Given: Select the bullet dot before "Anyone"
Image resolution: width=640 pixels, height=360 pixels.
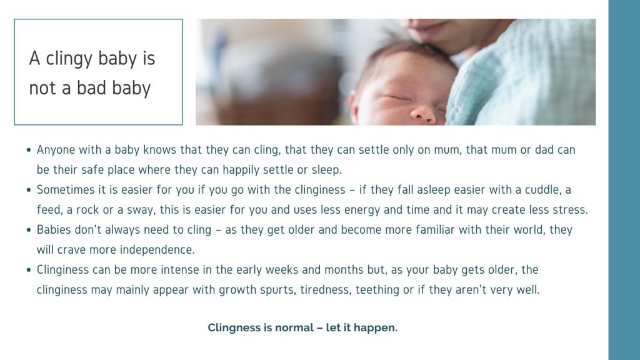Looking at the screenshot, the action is click(x=29, y=150).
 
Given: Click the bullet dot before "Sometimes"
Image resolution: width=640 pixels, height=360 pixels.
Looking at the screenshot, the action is click(x=29, y=190).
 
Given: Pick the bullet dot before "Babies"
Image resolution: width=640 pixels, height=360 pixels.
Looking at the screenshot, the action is click(x=29, y=230).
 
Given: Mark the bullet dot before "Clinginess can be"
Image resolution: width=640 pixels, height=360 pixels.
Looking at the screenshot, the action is click(x=29, y=270).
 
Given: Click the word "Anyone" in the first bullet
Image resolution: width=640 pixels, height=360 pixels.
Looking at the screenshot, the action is click(x=56, y=150).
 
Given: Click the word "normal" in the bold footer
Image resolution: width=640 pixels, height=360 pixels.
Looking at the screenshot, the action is click(x=294, y=327).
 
